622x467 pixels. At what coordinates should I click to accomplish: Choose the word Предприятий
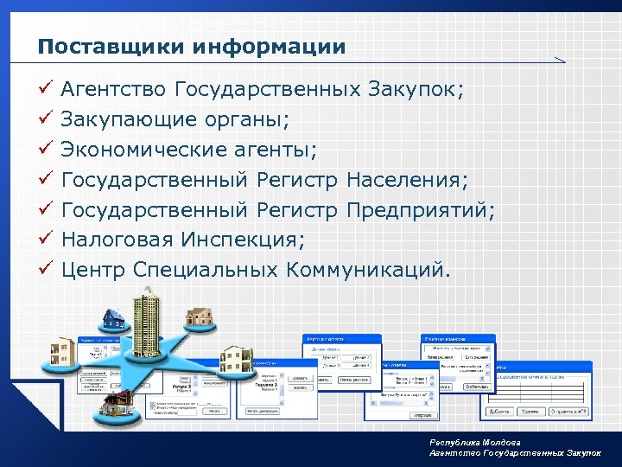[x=420, y=210]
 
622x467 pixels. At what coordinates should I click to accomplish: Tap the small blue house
[x=113, y=319]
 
